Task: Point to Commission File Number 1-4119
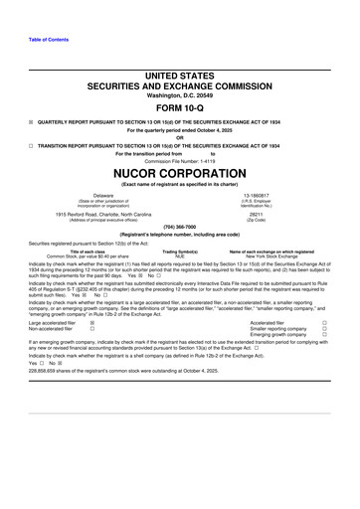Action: pyautogui.click(x=180, y=160)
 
